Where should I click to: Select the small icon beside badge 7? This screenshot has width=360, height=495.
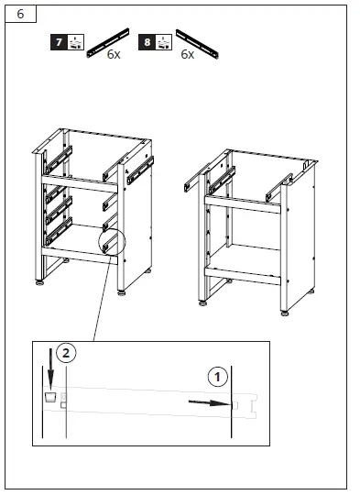(75, 42)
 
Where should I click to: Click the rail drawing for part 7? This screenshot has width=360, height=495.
(107, 42)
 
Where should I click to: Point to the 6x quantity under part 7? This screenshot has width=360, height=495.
(114, 55)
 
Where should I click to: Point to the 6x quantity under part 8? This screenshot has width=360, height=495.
(187, 55)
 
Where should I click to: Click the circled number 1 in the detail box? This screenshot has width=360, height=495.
(217, 376)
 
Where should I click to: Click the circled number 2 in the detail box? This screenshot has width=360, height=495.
(64, 352)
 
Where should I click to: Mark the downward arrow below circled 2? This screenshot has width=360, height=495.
(51, 376)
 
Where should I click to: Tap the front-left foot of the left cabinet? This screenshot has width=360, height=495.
(39, 282)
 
